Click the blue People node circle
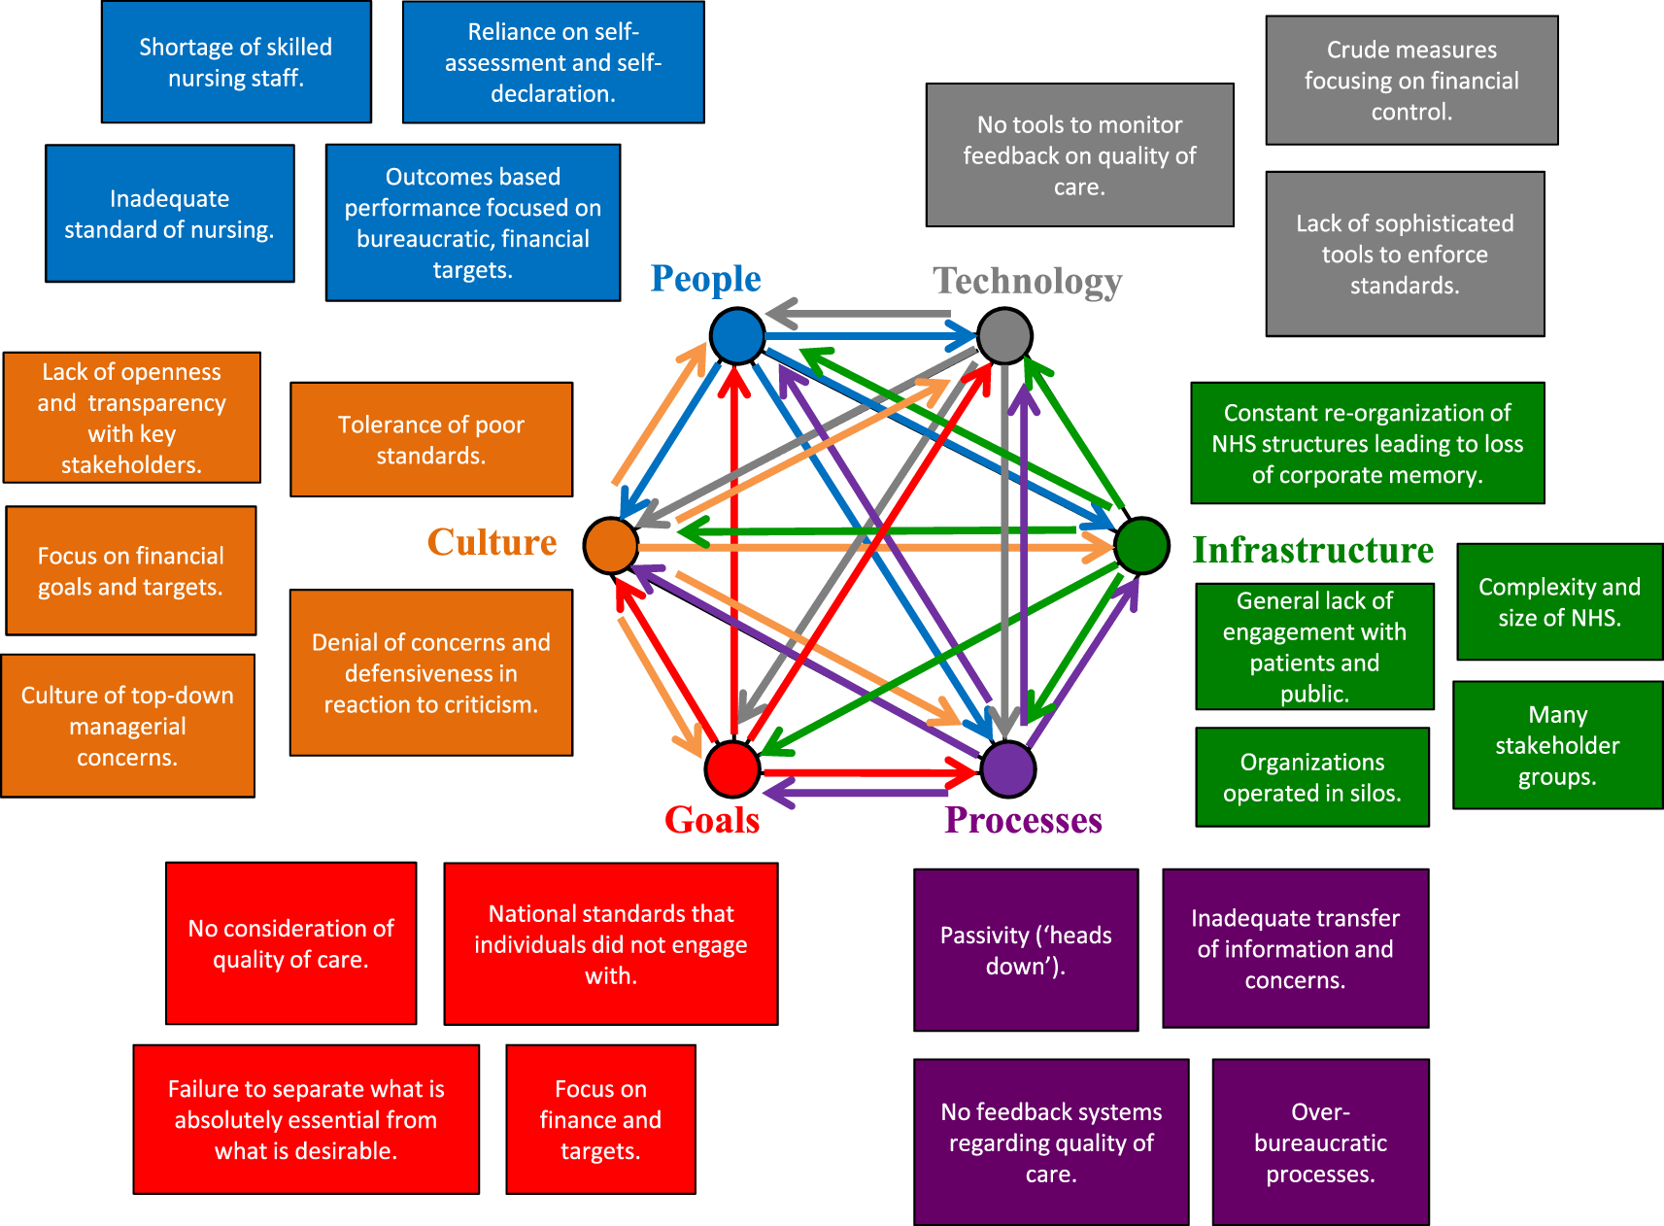click(737, 336)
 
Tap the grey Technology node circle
click(1004, 336)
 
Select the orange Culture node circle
click(611, 546)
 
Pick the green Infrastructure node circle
click(1141, 546)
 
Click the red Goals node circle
click(732, 768)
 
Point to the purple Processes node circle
click(1008, 768)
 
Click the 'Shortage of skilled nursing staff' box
click(236, 62)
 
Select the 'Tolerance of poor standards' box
click(431, 439)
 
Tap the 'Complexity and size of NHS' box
click(1559, 602)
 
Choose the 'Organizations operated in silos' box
click(1312, 777)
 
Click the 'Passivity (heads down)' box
click(1026, 950)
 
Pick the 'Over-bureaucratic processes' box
click(1320, 1142)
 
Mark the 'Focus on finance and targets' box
click(600, 1119)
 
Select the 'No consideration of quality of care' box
click(290, 943)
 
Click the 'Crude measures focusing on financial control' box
click(1411, 81)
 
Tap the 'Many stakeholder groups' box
click(1557, 745)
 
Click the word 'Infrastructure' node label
click(1312, 550)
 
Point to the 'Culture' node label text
click(492, 542)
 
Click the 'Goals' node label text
click(712, 820)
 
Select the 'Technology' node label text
click(1028, 281)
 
